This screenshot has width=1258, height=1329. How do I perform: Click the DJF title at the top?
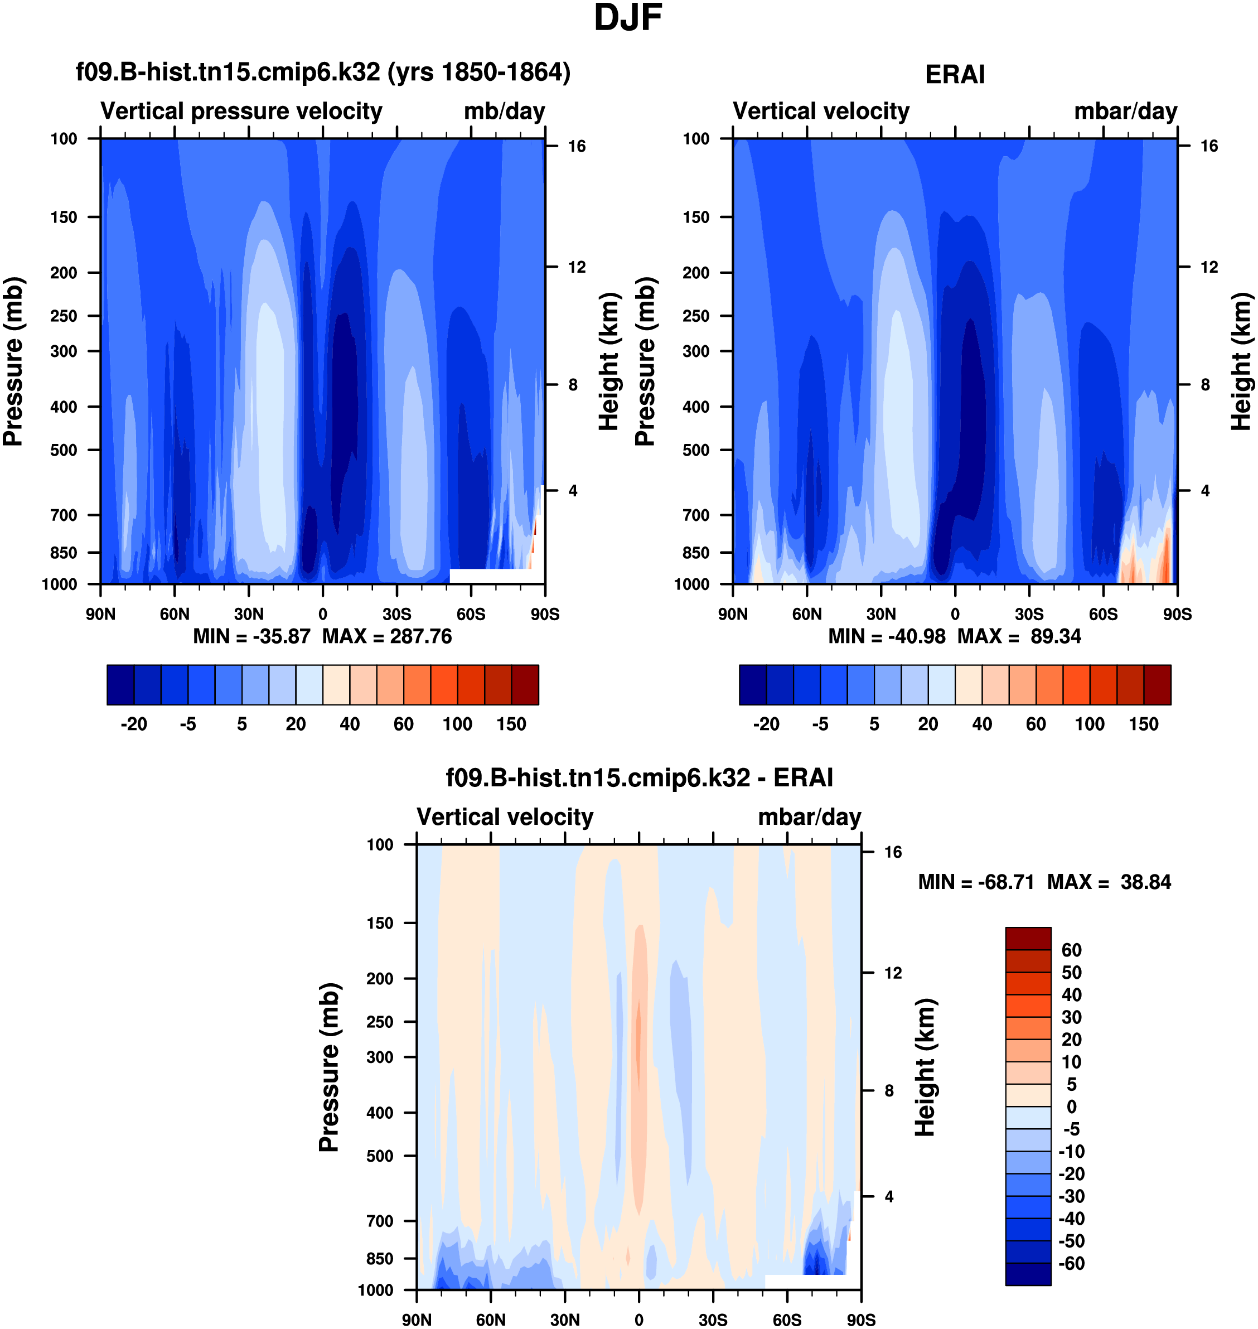[628, 18]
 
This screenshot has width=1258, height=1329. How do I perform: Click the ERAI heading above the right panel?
[954, 74]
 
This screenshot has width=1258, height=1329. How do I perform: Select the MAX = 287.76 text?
[387, 636]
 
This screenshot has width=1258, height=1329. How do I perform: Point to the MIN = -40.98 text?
[887, 636]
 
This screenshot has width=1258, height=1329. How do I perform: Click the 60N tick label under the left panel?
[175, 614]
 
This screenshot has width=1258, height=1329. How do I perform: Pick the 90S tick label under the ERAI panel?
[1177, 614]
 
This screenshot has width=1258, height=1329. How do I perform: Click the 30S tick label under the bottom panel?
[713, 1320]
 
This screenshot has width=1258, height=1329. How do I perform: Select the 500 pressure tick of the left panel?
[64, 450]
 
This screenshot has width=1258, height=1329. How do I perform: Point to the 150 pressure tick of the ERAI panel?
[696, 218]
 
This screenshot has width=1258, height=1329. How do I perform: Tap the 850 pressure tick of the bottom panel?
[380, 1259]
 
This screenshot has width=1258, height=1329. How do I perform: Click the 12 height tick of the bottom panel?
[893, 973]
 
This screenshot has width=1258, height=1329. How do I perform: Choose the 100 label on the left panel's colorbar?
[457, 724]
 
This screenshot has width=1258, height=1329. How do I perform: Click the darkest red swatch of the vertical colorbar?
[1028, 939]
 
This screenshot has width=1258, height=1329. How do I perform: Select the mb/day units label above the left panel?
[504, 112]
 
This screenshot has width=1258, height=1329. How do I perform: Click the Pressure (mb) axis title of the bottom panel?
[328, 1067]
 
